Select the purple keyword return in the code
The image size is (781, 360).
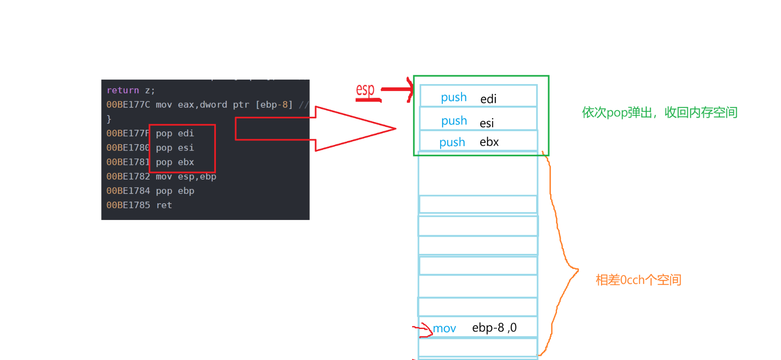122,90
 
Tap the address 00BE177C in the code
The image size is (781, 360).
128,104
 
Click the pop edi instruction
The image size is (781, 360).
175,133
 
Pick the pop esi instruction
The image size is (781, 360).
175,148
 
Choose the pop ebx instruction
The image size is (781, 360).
175,162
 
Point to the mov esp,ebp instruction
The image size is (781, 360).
186,176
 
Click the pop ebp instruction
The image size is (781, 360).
175,191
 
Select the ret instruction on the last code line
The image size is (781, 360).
164,205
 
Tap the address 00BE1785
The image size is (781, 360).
128,205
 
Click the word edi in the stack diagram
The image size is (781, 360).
488,99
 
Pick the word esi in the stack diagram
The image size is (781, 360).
486,123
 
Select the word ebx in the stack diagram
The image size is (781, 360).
489,142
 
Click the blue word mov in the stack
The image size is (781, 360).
444,328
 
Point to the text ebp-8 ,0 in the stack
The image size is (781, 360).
494,327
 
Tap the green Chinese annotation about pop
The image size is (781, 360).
659,112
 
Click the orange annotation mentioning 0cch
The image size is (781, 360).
638,280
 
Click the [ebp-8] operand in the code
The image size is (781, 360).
274,104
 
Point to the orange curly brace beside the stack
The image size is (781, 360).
565,261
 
